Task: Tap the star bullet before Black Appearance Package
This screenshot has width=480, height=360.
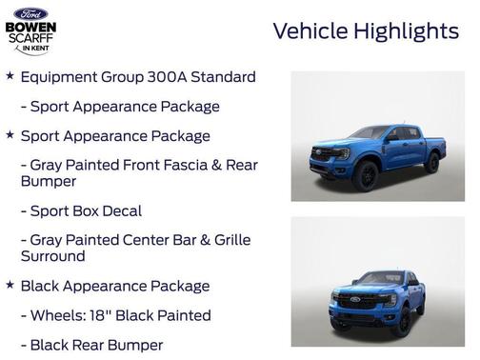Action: coord(10,285)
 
